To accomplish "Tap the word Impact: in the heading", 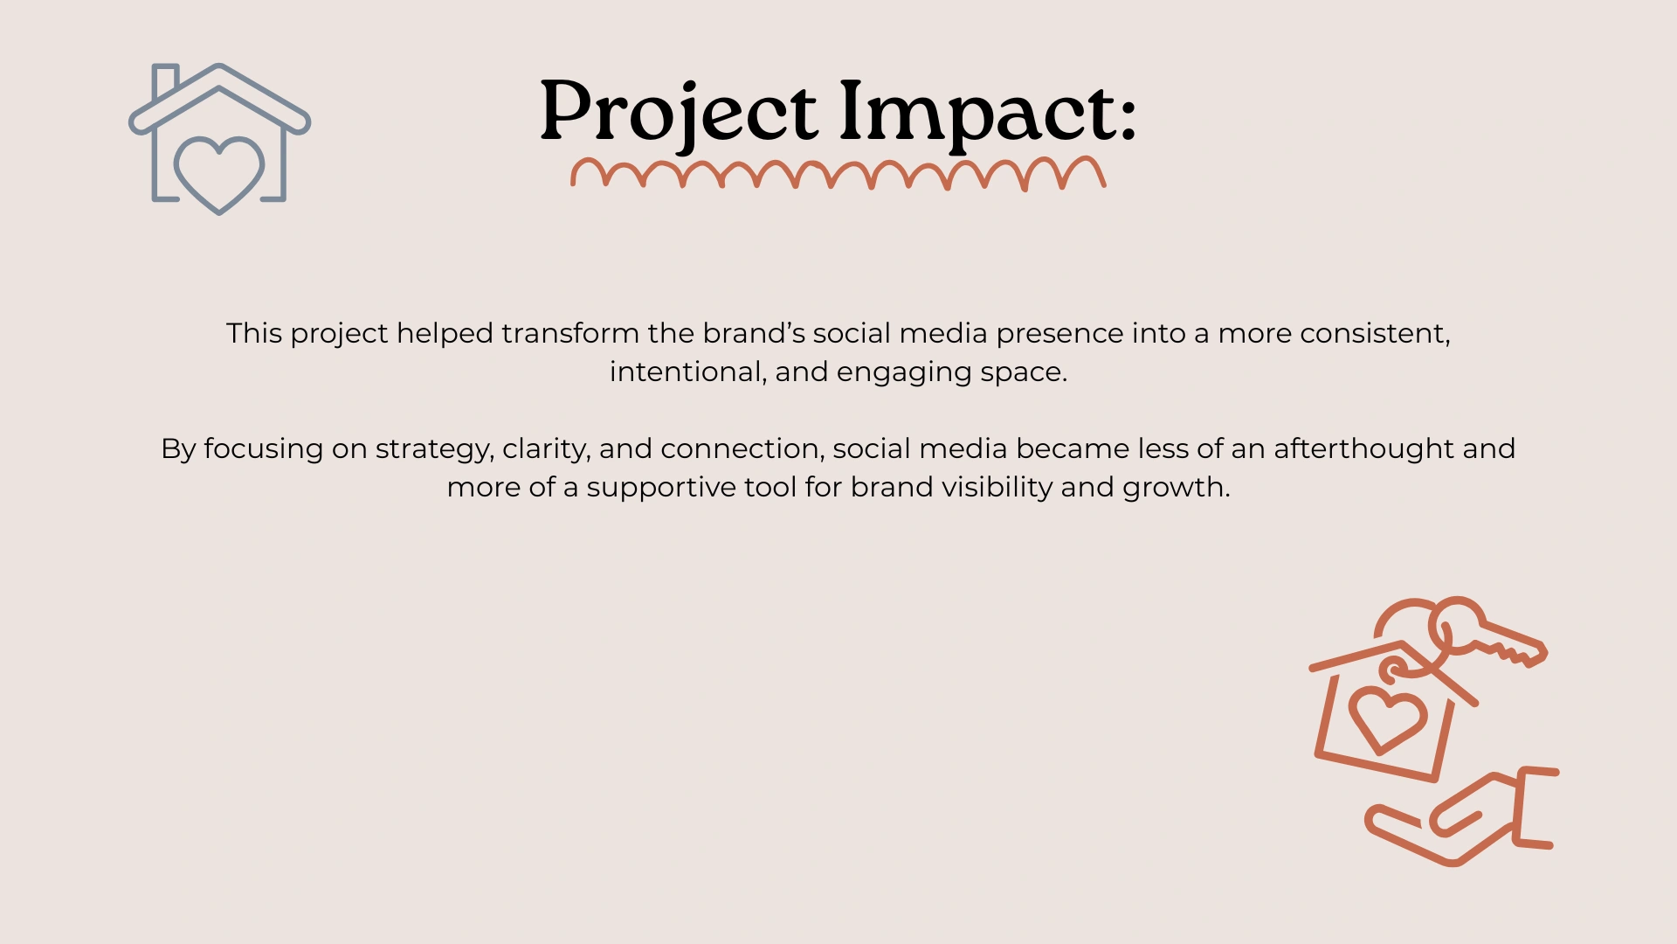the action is pyautogui.click(x=988, y=113).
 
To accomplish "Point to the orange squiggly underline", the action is pyautogui.click(x=838, y=173).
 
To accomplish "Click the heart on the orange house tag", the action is pyautogui.click(x=1387, y=718).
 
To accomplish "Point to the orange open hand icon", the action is pyautogui.click(x=1462, y=816).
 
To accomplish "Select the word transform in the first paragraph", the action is pyautogui.click(x=570, y=333).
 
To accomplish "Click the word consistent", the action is pyautogui.click(x=1375, y=334).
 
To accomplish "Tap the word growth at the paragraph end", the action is pyautogui.click(x=1176, y=488).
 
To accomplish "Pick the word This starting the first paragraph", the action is pyautogui.click(x=254, y=333).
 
